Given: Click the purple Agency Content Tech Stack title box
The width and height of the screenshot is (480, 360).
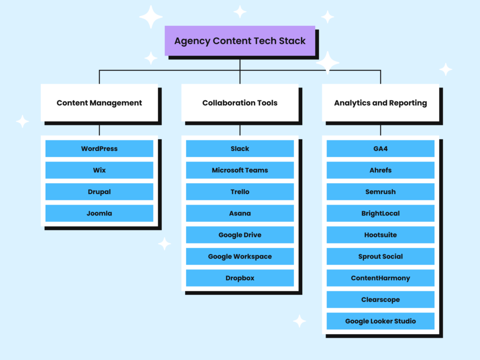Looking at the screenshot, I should click(239, 41).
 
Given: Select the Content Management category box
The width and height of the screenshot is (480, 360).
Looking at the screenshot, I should click(99, 103).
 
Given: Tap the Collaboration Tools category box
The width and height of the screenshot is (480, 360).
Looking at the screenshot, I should click(239, 103).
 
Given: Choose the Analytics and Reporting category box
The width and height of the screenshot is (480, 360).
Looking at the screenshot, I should click(380, 103).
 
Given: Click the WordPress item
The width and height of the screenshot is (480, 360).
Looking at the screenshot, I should click(99, 149).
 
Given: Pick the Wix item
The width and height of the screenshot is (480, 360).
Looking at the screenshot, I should click(99, 170).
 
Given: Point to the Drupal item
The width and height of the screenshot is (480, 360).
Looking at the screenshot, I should click(99, 192).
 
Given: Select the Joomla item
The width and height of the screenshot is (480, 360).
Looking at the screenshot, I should click(99, 213).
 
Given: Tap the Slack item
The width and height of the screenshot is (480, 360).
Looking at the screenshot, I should click(239, 149).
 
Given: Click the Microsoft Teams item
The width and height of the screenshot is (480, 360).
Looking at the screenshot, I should click(239, 170).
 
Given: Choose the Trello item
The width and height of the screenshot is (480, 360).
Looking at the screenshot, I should click(239, 192).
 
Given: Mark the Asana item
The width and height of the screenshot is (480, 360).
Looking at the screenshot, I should click(239, 213).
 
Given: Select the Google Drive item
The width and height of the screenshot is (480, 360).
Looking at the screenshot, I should click(239, 235).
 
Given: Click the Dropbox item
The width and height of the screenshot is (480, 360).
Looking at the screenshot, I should click(239, 278).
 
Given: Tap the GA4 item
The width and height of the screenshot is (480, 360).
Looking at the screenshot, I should click(380, 149).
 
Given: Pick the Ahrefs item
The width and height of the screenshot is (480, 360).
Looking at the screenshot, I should click(380, 170).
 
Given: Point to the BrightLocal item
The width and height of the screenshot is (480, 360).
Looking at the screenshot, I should click(380, 213).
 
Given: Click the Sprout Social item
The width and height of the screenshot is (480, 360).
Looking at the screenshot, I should click(380, 256).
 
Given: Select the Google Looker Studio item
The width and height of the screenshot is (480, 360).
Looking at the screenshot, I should click(380, 321).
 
